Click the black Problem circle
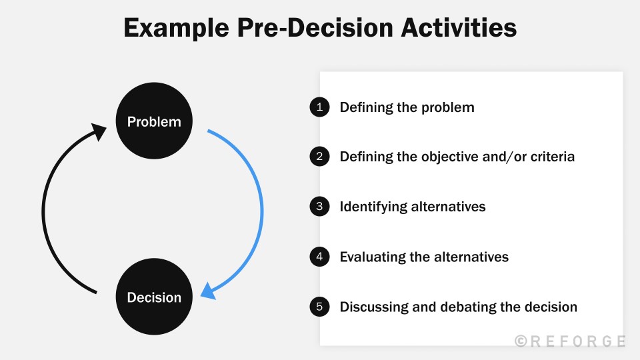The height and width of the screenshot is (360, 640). [x=154, y=121]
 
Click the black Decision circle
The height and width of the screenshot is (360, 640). [x=154, y=297]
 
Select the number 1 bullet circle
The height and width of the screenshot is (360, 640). [x=319, y=107]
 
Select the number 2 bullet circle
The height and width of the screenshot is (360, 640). [x=319, y=157]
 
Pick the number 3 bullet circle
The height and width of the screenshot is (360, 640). [x=319, y=207]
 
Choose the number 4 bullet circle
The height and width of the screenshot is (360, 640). [x=319, y=257]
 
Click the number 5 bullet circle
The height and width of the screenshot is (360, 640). [x=319, y=307]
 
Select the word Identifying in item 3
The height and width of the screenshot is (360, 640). [x=373, y=207]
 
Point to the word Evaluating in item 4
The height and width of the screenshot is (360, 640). [x=372, y=257]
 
